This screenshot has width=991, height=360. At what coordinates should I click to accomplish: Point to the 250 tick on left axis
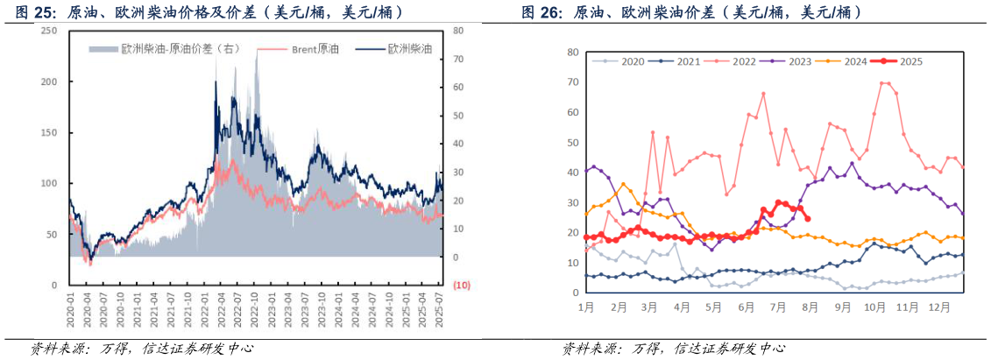click(49, 31)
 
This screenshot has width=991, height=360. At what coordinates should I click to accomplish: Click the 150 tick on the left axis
click(49, 132)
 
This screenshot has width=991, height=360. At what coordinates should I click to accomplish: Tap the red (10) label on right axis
click(461, 286)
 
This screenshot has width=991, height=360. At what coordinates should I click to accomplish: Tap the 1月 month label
click(586, 307)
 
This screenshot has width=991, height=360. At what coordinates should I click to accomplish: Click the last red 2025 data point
click(807, 219)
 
